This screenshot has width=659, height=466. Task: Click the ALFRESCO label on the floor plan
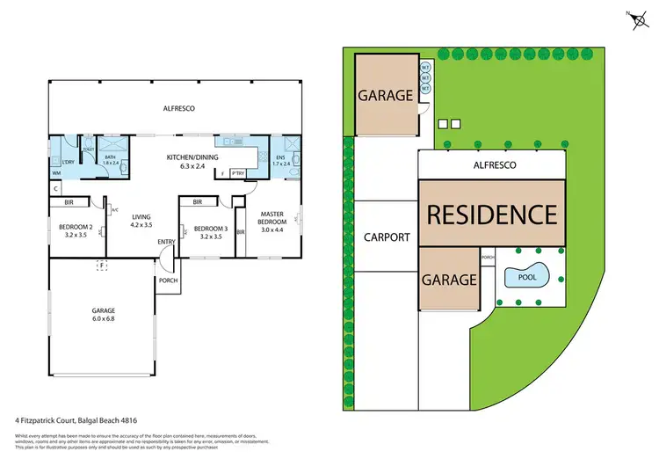tap(178, 108)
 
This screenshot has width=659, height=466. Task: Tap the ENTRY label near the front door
tap(166, 242)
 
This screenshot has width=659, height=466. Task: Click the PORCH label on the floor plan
tap(167, 281)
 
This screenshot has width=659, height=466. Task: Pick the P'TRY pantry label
tap(237, 173)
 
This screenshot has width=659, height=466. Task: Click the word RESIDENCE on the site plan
tap(491, 214)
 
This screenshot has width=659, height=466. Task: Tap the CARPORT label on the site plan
tap(387, 237)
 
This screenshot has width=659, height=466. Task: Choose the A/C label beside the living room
tap(115, 210)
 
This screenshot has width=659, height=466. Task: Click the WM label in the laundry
tap(56, 172)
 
